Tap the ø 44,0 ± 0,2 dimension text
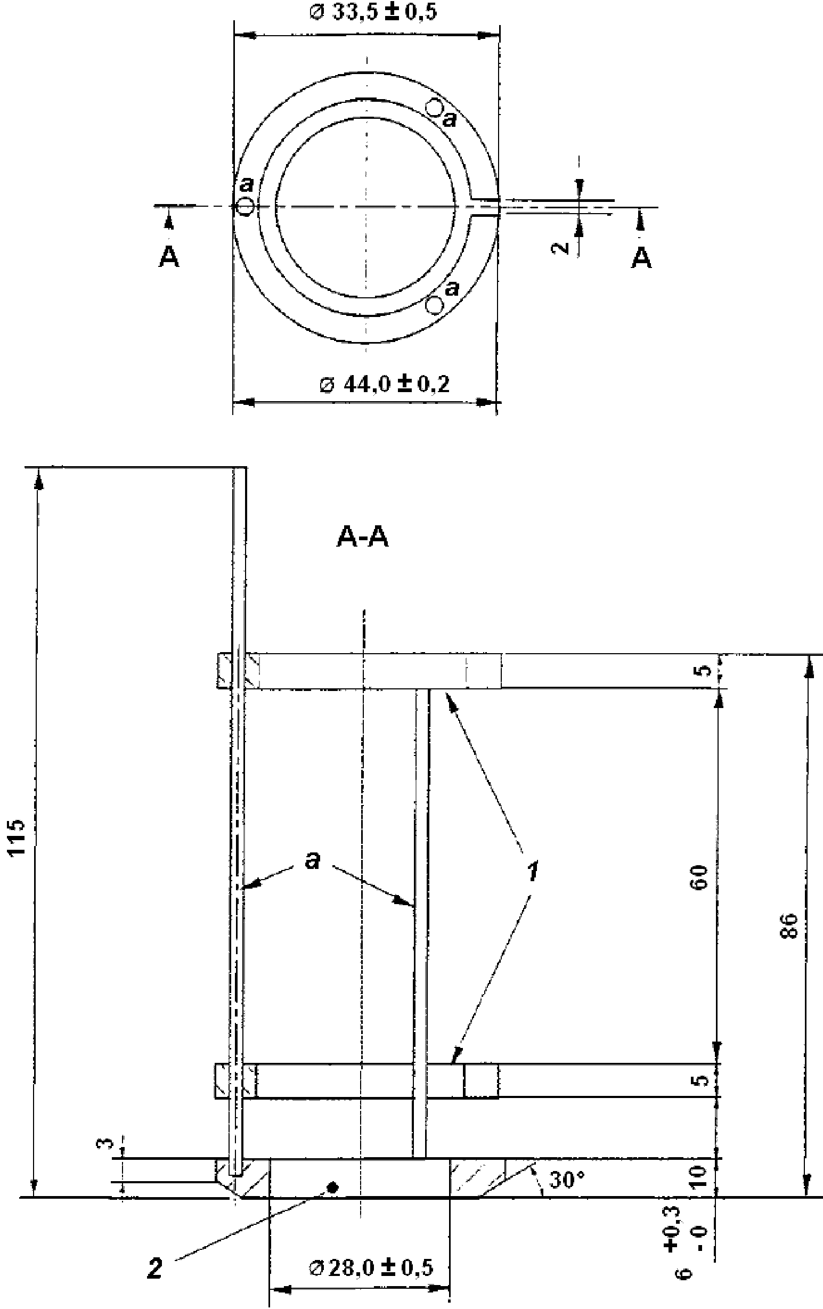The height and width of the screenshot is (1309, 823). tap(385, 384)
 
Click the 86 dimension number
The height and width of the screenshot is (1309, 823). tap(791, 925)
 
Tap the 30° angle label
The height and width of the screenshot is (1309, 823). tap(566, 1180)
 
